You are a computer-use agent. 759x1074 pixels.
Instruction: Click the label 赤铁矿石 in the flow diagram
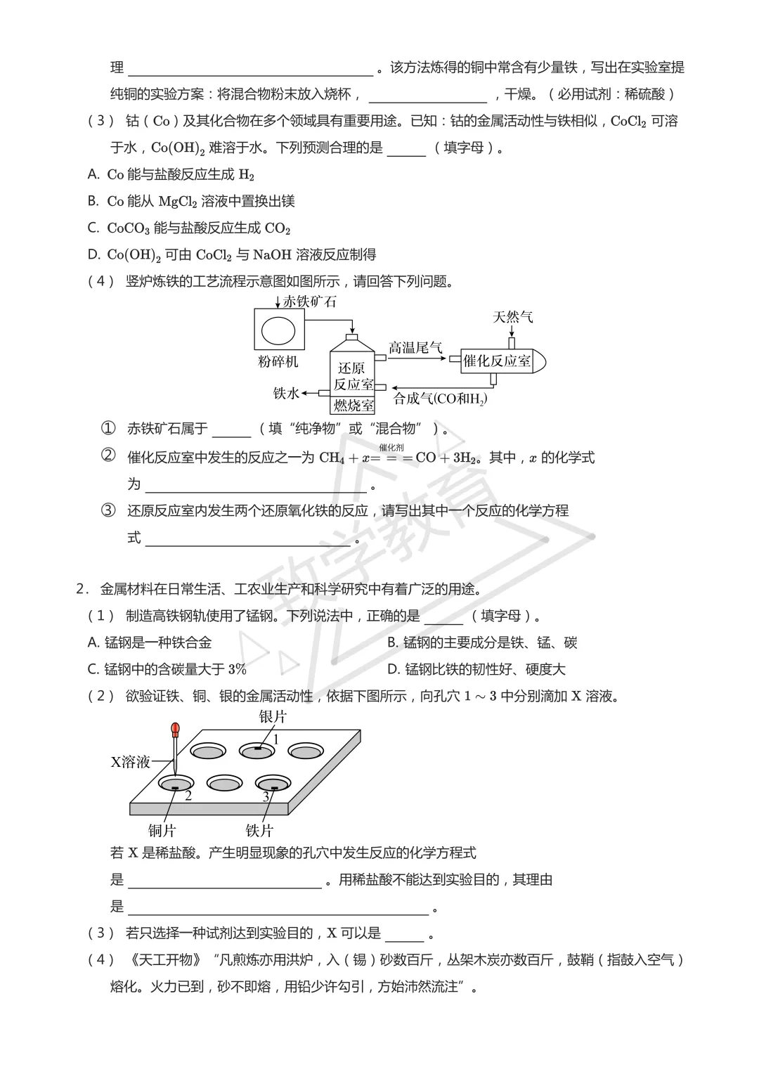pyautogui.click(x=309, y=302)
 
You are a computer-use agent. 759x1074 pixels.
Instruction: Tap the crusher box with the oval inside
pyautogui.click(x=279, y=330)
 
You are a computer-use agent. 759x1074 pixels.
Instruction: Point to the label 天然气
pyautogui.click(x=513, y=317)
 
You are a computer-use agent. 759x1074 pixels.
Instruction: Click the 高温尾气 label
pyautogui.click(x=415, y=347)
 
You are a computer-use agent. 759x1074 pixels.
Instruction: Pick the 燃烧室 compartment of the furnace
pyautogui.click(x=353, y=405)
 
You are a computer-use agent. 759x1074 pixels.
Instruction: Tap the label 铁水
pyautogui.click(x=286, y=393)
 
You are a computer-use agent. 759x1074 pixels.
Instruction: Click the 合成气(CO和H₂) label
pyautogui.click(x=441, y=399)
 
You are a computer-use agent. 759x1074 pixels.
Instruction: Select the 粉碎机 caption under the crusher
pyautogui.click(x=278, y=361)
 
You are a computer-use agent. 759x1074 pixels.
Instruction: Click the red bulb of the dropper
pyautogui.click(x=175, y=729)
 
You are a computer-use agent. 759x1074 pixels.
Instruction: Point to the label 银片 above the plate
pyautogui.click(x=273, y=717)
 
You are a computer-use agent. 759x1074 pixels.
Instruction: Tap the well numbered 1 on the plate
pyautogui.click(x=258, y=750)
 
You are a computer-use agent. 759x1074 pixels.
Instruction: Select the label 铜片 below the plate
pyautogui.click(x=162, y=831)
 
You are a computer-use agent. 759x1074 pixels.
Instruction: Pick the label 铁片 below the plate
pyautogui.click(x=259, y=831)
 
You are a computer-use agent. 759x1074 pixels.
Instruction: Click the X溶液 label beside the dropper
pyautogui.click(x=131, y=762)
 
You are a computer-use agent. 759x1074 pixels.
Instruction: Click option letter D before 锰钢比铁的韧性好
pyautogui.click(x=394, y=669)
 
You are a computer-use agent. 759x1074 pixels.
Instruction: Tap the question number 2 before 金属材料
pyautogui.click(x=80, y=589)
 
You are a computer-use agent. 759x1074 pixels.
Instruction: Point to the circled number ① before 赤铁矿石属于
pyautogui.click(x=108, y=428)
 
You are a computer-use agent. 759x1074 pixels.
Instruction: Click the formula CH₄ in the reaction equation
pyautogui.click(x=332, y=458)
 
